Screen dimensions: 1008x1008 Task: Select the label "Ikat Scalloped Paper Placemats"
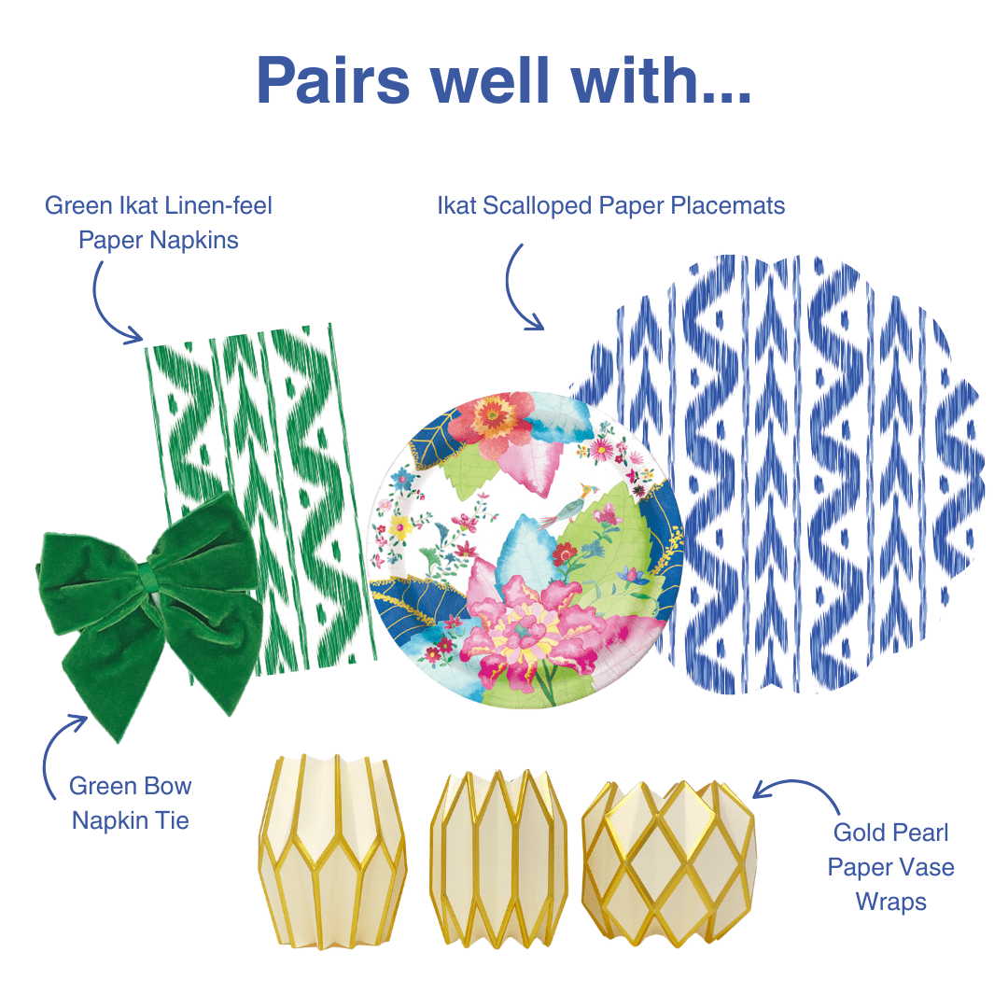click(x=611, y=205)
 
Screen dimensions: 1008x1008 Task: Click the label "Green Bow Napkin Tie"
click(x=131, y=804)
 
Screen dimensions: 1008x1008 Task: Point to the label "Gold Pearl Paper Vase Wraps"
click(x=890, y=867)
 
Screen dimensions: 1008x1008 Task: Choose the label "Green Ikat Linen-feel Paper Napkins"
click(x=159, y=222)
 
